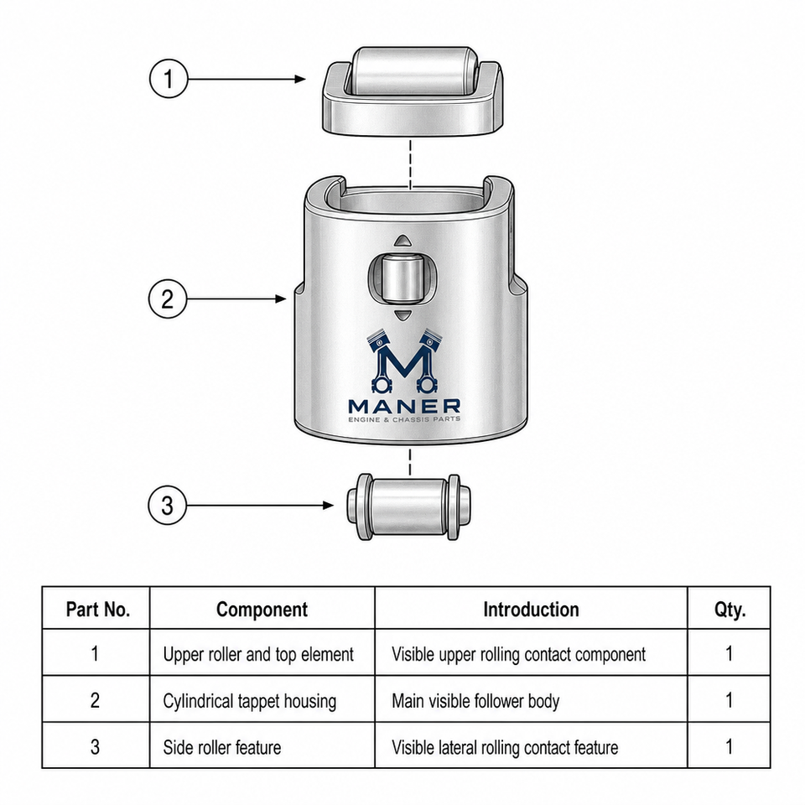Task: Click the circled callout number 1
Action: click(169, 79)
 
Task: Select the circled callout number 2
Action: click(168, 299)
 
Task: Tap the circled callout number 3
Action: click(167, 505)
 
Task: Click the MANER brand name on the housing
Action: click(404, 407)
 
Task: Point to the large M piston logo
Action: click(404, 361)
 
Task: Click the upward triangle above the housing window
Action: click(402, 241)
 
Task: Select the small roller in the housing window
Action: click(402, 278)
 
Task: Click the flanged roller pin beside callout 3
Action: click(408, 506)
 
